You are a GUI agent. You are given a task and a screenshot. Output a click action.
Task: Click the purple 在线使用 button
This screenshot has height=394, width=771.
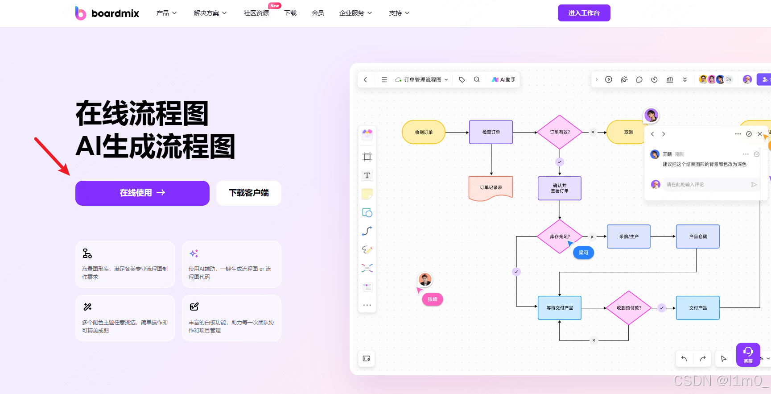pyautogui.click(x=142, y=193)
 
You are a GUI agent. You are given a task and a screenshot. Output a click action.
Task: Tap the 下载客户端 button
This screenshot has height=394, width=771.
pyautogui.click(x=248, y=193)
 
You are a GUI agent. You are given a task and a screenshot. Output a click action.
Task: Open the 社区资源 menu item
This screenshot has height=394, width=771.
pyautogui.click(x=256, y=13)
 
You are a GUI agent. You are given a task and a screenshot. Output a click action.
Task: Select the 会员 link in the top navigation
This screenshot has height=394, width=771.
pyautogui.click(x=317, y=13)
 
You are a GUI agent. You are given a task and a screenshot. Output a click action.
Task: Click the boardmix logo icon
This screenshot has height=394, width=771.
pyautogui.click(x=80, y=13)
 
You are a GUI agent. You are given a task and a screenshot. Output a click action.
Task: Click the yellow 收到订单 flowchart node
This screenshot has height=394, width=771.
pyautogui.click(x=424, y=132)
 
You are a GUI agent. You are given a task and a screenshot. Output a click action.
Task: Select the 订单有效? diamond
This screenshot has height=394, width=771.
pyautogui.click(x=560, y=132)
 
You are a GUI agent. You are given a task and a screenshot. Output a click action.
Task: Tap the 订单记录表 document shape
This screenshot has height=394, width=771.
pyautogui.click(x=491, y=187)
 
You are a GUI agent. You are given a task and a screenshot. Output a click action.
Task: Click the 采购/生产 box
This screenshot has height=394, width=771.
pyautogui.click(x=628, y=236)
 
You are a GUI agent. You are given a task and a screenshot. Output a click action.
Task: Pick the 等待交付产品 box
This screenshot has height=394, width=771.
pyautogui.click(x=559, y=308)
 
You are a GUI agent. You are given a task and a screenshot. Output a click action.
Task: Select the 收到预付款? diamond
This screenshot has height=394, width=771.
pyautogui.click(x=629, y=308)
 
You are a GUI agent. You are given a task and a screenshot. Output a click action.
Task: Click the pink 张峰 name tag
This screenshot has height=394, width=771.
pyautogui.click(x=433, y=299)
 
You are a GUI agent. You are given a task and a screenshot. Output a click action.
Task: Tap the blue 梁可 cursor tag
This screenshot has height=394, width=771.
pyautogui.click(x=583, y=253)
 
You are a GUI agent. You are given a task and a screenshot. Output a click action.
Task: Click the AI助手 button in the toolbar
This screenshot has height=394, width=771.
pyautogui.click(x=503, y=80)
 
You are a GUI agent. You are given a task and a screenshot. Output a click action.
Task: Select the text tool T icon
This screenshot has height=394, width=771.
pyautogui.click(x=367, y=175)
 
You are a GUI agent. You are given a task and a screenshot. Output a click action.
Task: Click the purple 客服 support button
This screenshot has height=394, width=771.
pyautogui.click(x=748, y=354)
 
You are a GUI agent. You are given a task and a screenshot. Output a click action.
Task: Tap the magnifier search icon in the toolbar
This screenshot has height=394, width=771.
pyautogui.click(x=477, y=79)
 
